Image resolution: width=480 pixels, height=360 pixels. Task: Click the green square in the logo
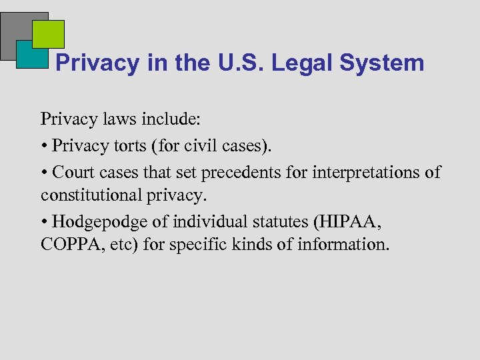48,33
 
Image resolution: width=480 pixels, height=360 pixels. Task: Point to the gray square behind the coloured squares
15,30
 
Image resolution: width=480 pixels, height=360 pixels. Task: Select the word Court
73,173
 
